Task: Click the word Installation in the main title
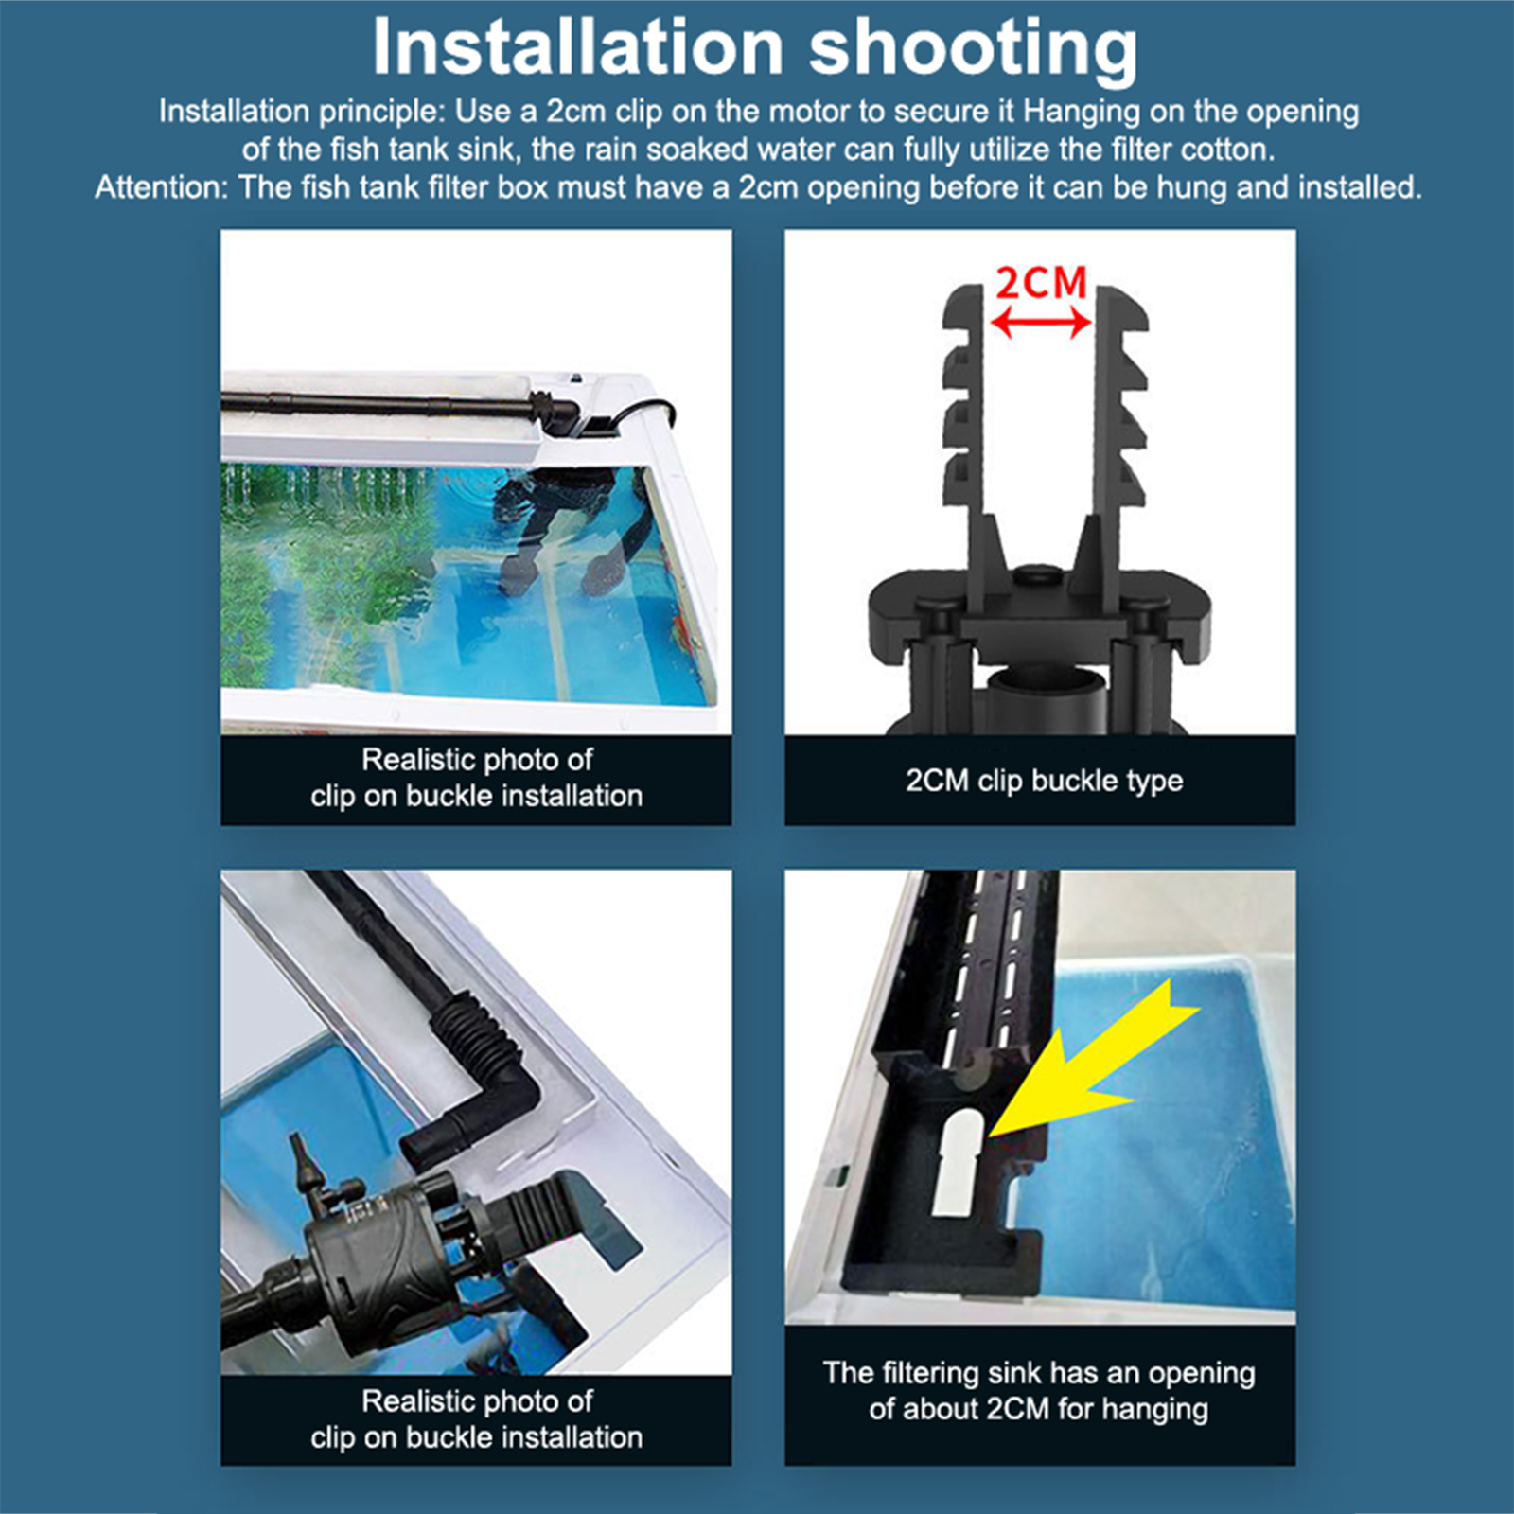[x=578, y=46]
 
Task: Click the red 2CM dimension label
[x=1041, y=283]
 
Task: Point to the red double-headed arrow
[x=1041, y=325]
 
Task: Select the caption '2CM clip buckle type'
[x=1044, y=781]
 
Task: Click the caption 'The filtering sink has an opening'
[x=1039, y=1373]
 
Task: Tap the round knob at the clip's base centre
[x=1039, y=575]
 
